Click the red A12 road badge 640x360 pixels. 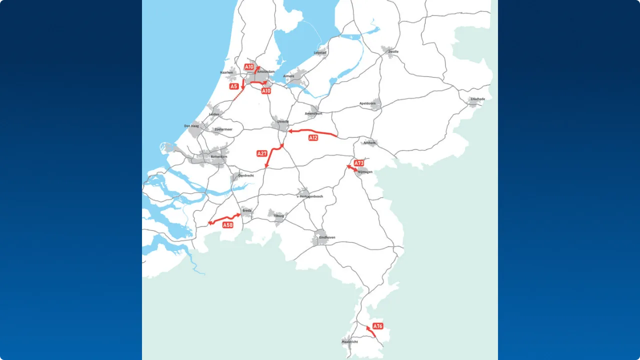coord(313,137)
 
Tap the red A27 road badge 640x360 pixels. coord(262,153)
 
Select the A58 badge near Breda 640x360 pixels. coord(228,225)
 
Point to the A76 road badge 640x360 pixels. coord(378,326)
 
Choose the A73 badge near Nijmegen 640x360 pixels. coord(358,163)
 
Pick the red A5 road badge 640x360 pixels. coord(234,86)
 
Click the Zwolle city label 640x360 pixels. coord(393,51)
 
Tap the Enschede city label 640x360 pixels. coord(477,99)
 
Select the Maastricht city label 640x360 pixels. coord(349,341)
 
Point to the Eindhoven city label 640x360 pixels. coord(327,237)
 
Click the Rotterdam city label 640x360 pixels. coord(219,156)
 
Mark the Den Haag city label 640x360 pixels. coord(191,126)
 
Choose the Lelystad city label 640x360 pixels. coord(320,52)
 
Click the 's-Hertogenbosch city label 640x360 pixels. coord(310,196)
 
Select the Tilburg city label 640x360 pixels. coord(278,216)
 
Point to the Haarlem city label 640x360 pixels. coord(226,72)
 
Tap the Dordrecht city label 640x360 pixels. coord(246,175)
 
